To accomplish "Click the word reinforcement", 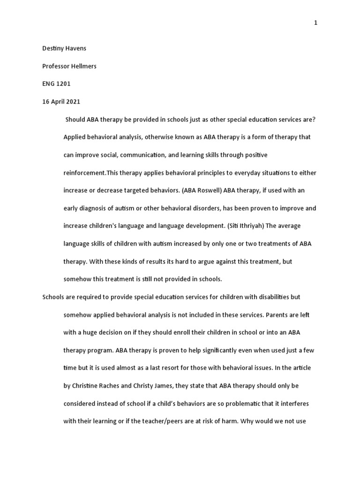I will (85, 172).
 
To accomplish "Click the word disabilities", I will (270, 297).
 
